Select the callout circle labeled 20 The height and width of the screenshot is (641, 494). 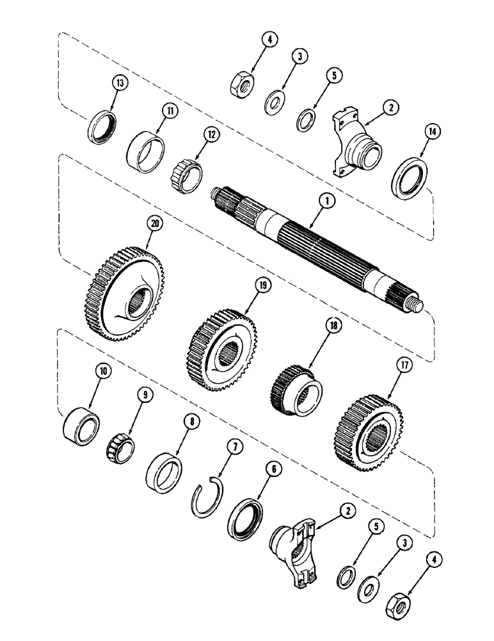click(153, 224)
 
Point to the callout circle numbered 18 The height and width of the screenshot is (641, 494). click(332, 326)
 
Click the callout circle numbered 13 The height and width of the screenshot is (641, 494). click(118, 82)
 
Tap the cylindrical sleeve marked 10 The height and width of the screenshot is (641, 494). click(82, 424)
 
